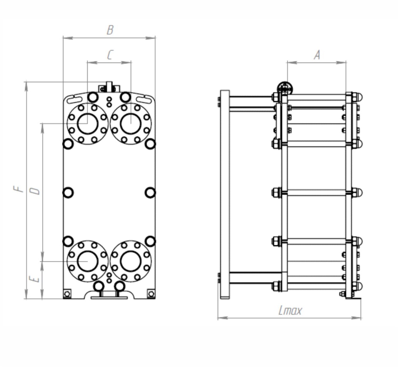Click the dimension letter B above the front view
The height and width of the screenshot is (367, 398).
[x=110, y=30]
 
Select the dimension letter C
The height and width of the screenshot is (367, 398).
[x=110, y=55]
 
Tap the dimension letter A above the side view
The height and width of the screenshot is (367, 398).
[x=317, y=55]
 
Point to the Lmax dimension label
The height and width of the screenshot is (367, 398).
[x=290, y=310]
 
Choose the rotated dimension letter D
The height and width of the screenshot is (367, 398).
[x=35, y=191]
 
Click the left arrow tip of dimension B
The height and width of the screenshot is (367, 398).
[x=63, y=38]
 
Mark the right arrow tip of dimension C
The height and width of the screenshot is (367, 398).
[x=131, y=62]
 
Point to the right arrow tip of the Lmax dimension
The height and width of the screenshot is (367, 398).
[x=361, y=318]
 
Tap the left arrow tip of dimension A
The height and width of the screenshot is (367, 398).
[x=287, y=63]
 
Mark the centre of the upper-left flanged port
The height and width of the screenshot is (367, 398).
[x=87, y=124]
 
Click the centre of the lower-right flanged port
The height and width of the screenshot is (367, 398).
[x=131, y=261]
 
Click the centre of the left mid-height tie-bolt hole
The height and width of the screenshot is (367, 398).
[x=68, y=193]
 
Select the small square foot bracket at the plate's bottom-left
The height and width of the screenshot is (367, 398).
[x=67, y=294]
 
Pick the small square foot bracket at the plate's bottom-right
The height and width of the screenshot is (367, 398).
[x=151, y=294]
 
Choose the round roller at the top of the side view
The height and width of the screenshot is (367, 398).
[x=285, y=89]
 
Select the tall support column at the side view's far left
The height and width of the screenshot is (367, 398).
[x=225, y=194]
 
